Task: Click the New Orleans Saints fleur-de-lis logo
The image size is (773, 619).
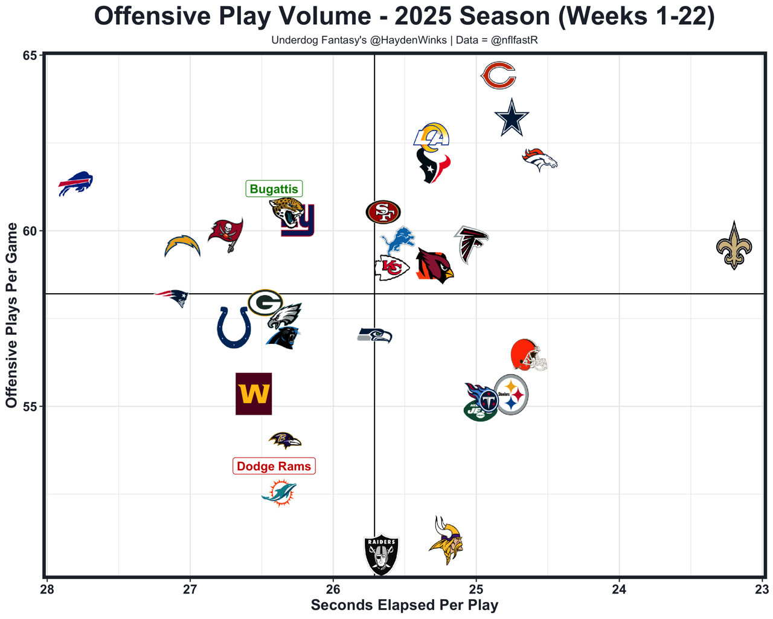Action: tap(734, 246)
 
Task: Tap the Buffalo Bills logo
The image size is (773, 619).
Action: tap(75, 183)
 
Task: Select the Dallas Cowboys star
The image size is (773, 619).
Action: tap(512, 118)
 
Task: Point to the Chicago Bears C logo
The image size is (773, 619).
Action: tap(499, 76)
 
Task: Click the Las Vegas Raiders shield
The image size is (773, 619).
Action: tap(382, 554)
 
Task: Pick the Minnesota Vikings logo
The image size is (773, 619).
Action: tap(446, 540)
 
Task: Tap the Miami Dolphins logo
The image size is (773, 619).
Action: tap(279, 493)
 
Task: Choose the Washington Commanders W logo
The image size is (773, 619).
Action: tap(254, 394)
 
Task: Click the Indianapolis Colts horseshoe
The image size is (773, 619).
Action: tap(234, 327)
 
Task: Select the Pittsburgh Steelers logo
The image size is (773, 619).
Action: tap(512, 395)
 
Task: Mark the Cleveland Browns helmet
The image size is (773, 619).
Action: tap(528, 355)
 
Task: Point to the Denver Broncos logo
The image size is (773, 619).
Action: tap(539, 159)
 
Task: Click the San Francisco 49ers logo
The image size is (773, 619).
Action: tap(383, 212)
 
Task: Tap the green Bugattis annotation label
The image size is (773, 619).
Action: tap(274, 189)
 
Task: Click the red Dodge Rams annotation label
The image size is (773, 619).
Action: tap(274, 466)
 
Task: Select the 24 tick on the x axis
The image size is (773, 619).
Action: tap(619, 589)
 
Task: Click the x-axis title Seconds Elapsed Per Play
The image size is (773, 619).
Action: tap(404, 605)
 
